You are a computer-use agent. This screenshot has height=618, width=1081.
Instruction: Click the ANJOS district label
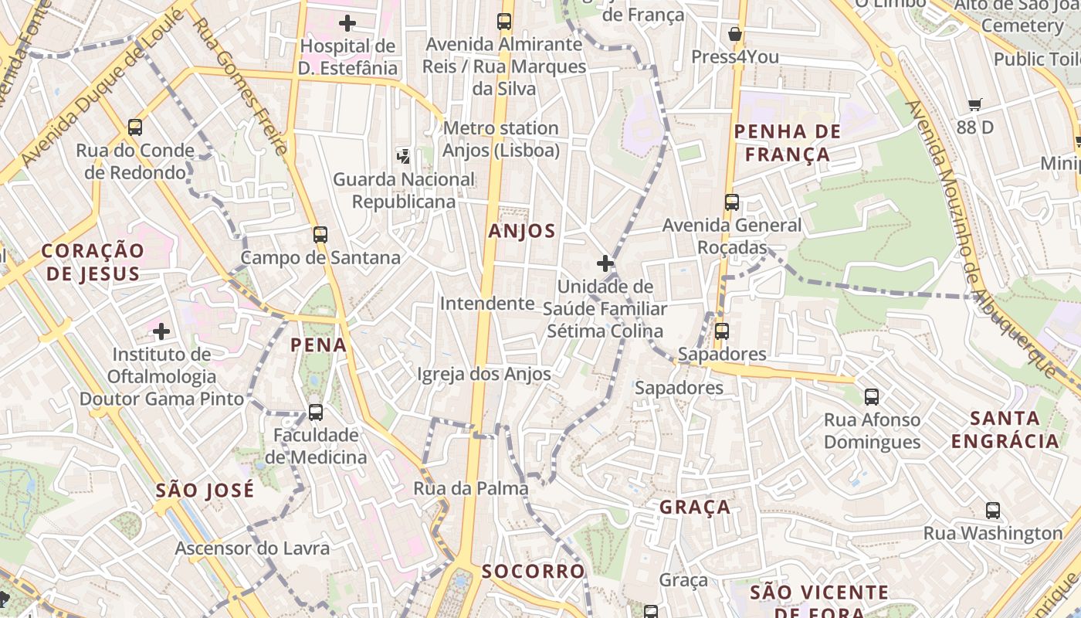pos(522,231)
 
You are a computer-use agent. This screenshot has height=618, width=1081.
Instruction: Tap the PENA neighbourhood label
pos(319,345)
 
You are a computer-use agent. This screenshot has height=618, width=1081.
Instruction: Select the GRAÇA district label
pos(695,508)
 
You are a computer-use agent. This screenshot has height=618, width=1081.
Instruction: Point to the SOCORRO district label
pos(534,572)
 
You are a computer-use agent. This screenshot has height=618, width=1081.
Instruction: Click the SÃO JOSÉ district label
pos(205,491)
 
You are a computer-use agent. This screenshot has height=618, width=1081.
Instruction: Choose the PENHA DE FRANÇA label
pos(782,143)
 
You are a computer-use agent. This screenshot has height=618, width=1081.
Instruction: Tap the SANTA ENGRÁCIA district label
pos(1005,430)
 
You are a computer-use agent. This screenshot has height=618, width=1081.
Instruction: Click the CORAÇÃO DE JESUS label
pos(93,262)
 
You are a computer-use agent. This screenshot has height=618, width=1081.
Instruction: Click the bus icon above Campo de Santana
pos(320,234)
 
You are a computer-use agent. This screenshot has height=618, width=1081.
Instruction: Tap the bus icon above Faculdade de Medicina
pos(316,412)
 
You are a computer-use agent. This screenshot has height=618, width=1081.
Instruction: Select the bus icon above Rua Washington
pos(993,510)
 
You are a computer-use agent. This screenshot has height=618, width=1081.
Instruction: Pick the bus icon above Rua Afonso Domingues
pos(872,397)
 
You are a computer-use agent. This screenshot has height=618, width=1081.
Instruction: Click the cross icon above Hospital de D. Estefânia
pos(347,23)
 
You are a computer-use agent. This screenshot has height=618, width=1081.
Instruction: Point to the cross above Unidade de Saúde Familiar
pos(605,263)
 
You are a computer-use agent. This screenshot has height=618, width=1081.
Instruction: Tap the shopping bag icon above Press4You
pos(735,34)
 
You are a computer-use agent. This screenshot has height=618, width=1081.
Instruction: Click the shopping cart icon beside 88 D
pos(975,104)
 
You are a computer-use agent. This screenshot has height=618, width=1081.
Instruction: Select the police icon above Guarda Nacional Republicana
pos(403,156)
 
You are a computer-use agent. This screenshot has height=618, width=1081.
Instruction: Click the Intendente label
pos(487,304)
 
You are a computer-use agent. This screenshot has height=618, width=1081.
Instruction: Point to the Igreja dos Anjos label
pos(484,375)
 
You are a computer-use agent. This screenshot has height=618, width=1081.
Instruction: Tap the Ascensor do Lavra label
pos(252,548)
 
